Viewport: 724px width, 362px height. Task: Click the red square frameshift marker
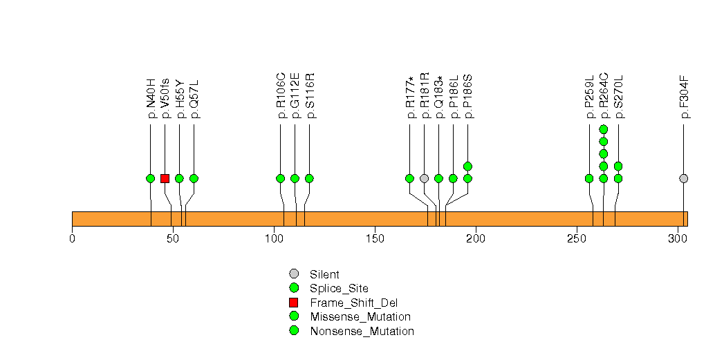pos(165,178)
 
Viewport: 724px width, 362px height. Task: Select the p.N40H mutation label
pos(151,98)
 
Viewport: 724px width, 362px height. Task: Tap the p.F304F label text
pos(685,98)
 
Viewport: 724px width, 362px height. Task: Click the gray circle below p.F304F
pos(684,178)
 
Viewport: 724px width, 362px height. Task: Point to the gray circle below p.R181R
pos(424,178)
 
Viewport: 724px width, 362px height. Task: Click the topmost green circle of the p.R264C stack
pos(604,129)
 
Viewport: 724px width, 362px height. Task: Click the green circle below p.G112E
pos(295,178)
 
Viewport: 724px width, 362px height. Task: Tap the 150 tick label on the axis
pos(375,238)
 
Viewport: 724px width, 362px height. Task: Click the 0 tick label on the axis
pos(73,238)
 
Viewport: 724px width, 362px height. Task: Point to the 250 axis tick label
pos(576,238)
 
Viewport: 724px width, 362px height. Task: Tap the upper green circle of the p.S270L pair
pos(618,166)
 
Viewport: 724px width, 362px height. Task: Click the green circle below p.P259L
pos(589,178)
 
